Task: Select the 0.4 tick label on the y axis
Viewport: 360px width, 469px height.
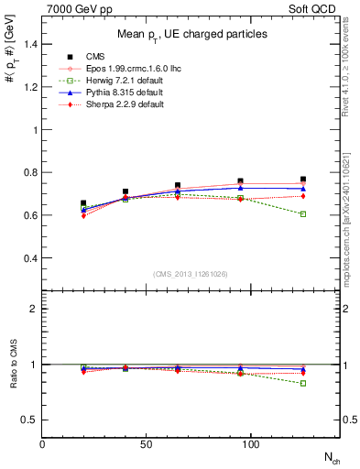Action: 29,258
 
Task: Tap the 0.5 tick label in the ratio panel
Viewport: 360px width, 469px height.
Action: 29,420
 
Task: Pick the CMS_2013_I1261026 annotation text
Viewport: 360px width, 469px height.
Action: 191,274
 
